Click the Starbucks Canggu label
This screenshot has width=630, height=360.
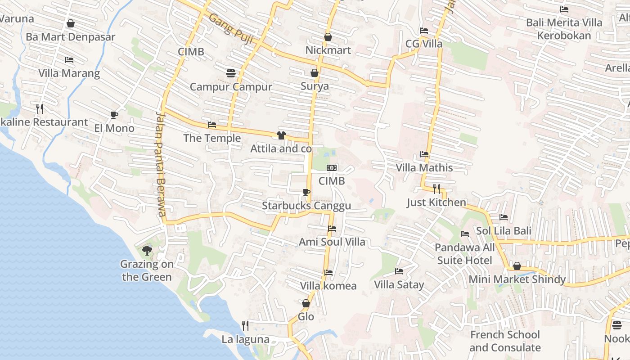pos(306,206)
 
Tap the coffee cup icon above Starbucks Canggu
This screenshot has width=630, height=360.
pos(306,193)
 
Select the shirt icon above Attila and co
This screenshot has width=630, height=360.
pos(281,135)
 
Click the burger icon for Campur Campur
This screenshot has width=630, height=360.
pos(231,73)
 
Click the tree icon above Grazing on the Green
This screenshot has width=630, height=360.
pos(147,251)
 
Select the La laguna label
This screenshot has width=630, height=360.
pos(245,339)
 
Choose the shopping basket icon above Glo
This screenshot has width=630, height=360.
pos(306,304)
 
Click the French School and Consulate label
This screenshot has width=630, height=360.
pos(505,341)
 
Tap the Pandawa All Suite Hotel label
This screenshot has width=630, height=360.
pos(465,254)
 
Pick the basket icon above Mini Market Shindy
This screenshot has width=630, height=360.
pos(517,266)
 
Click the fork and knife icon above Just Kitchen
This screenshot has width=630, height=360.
pos(436,189)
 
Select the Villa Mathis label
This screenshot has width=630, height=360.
pos(424,168)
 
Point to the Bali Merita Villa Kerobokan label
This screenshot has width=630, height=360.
pos(564,29)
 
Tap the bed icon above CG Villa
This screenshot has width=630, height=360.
pos(424,31)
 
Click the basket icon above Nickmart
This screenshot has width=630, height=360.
pos(328,37)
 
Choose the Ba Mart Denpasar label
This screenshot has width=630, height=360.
pos(71,37)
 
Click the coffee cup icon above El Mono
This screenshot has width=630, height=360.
pos(114,115)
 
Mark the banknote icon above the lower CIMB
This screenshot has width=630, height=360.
pos(332,168)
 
